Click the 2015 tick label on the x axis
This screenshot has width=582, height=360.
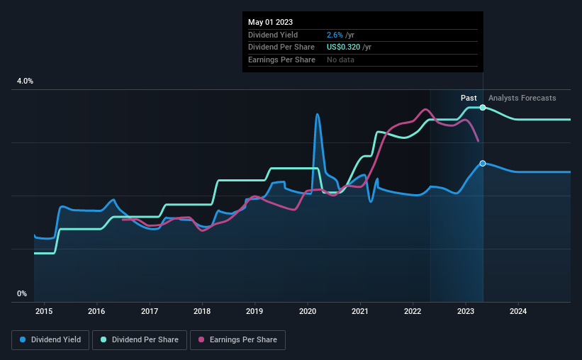[44, 311]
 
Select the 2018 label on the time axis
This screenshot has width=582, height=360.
[202, 311]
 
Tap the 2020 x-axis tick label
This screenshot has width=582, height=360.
[308, 311]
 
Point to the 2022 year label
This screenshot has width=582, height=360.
[413, 311]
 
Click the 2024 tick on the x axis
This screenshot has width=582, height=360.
[518, 311]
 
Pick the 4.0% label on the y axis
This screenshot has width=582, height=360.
[25, 81]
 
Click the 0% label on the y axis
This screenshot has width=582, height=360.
[22, 293]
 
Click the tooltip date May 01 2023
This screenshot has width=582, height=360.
[271, 22]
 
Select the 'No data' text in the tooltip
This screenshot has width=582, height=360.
[341, 60]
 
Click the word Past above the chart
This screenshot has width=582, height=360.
[469, 98]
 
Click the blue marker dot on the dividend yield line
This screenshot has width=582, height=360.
[483, 164]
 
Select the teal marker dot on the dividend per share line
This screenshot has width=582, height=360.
[483, 107]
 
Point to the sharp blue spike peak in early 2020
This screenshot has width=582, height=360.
[317, 114]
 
